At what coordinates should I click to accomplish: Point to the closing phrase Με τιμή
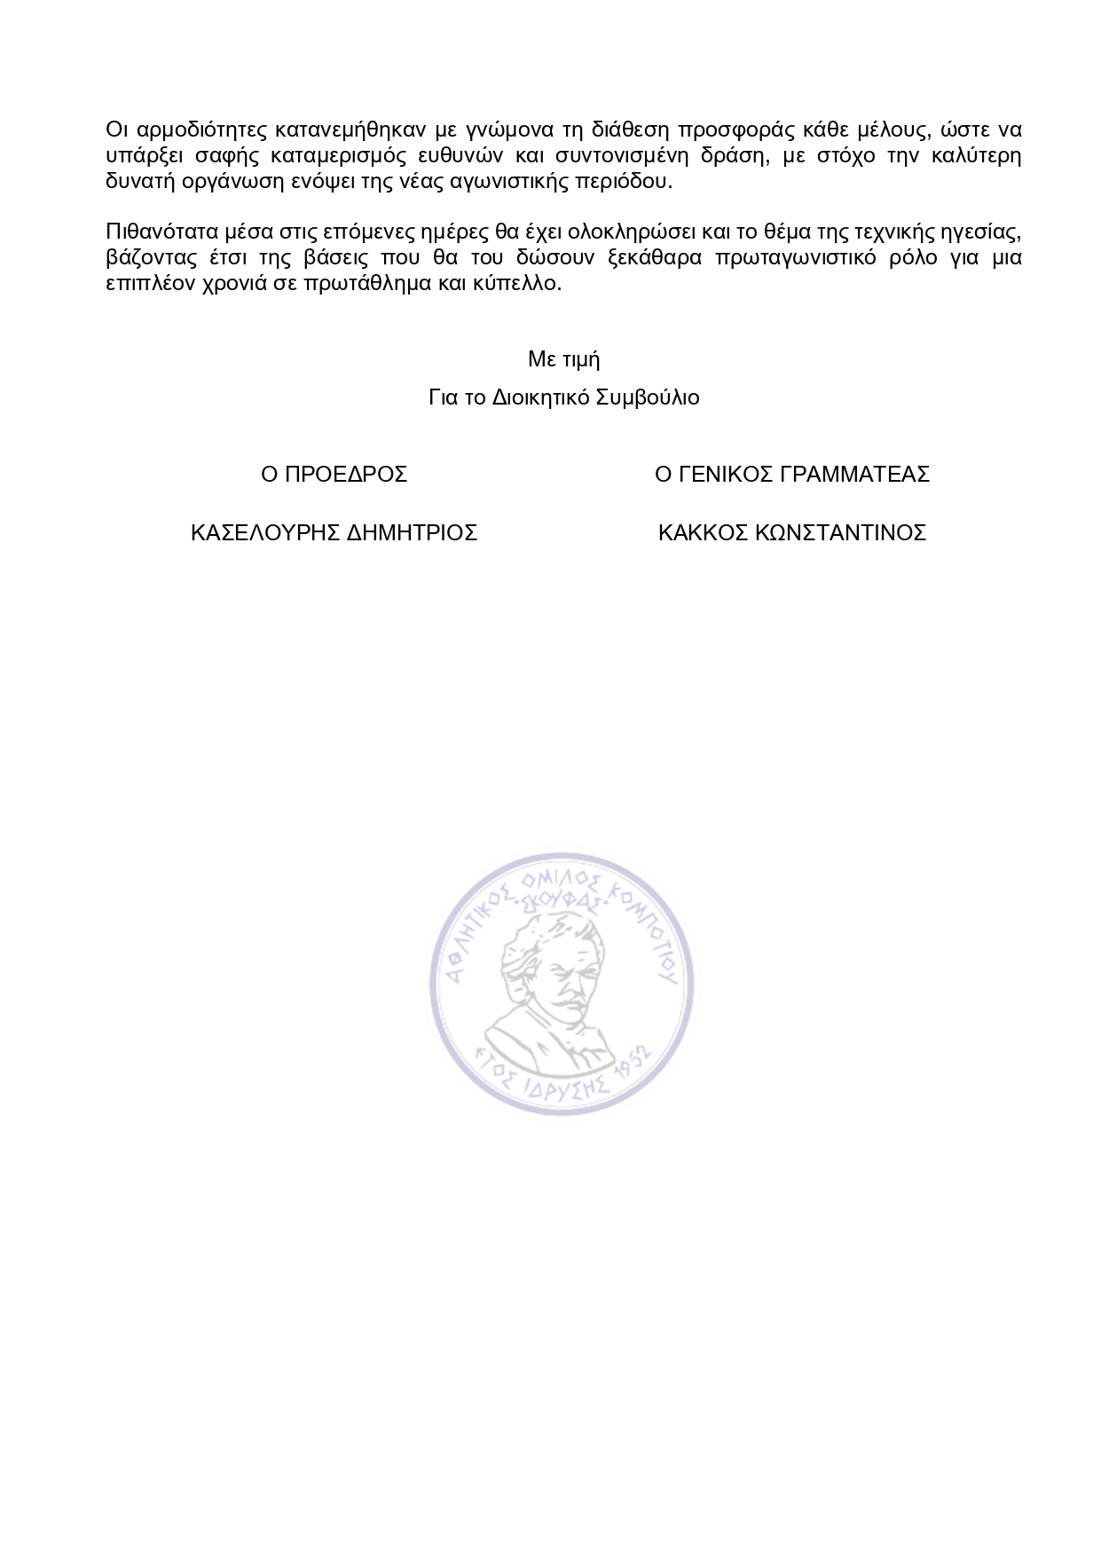[564, 360]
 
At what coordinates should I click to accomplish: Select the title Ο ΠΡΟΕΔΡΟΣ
[334, 475]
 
